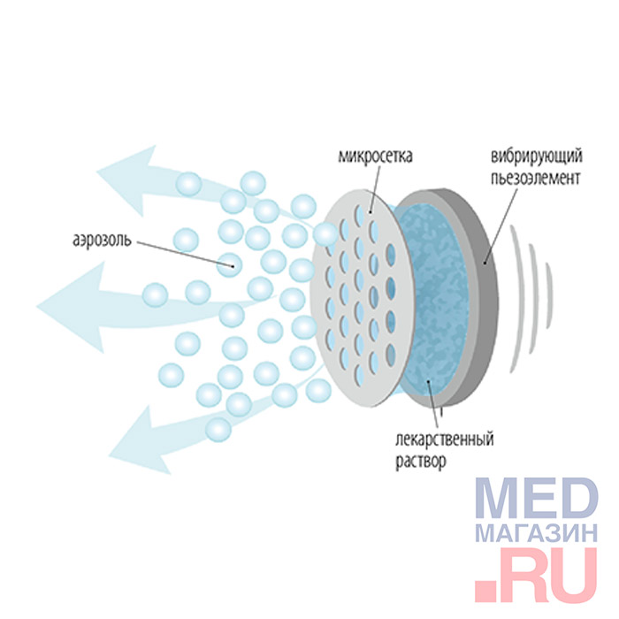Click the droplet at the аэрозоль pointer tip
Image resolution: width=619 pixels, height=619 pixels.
228,262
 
